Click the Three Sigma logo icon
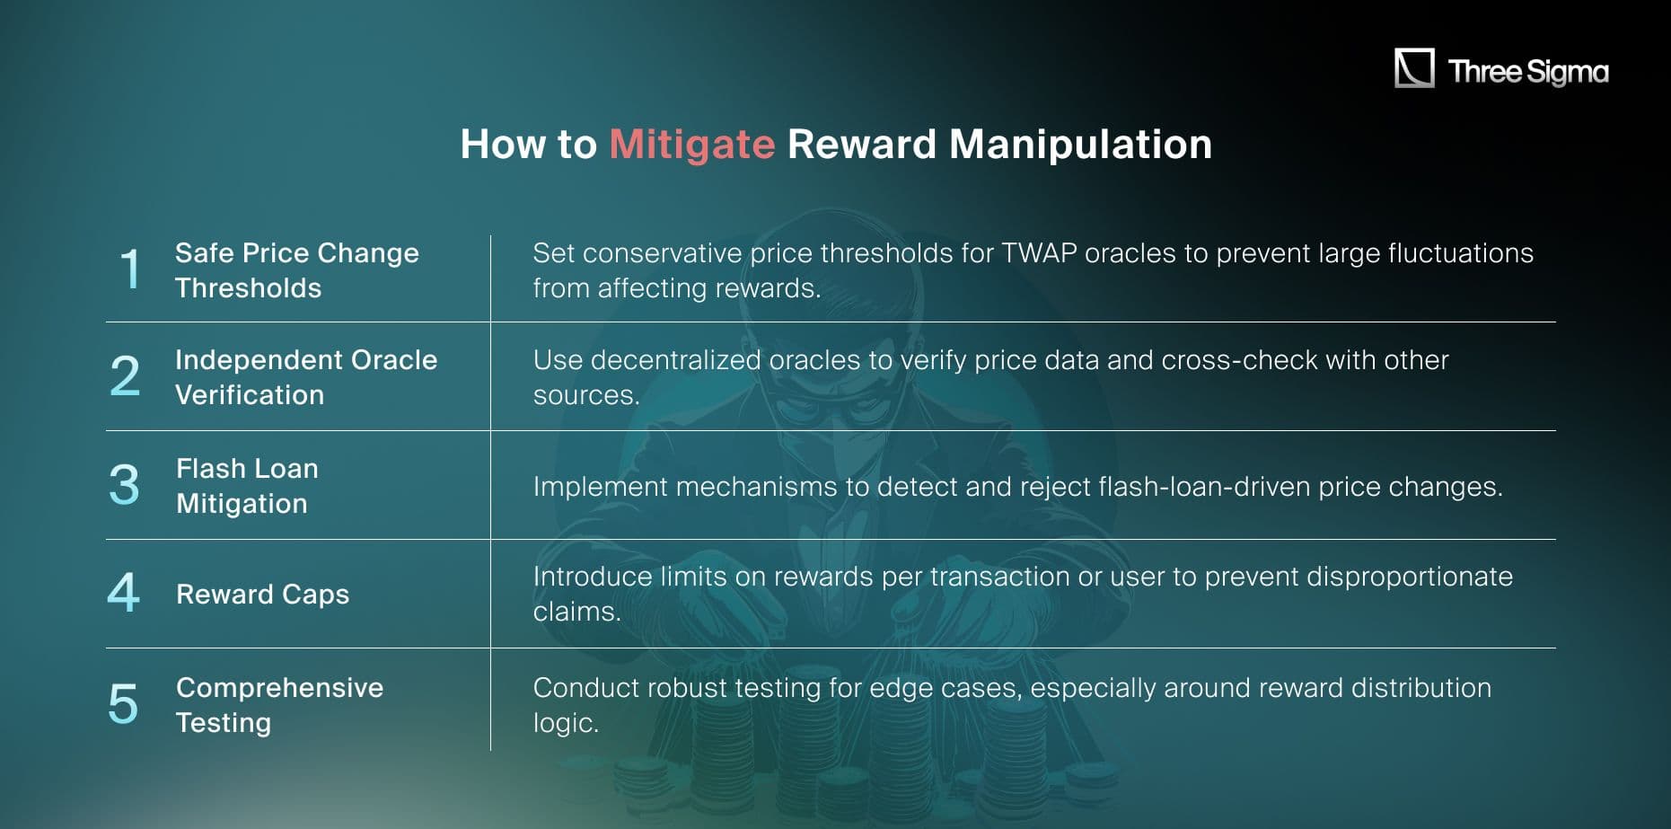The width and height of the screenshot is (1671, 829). coord(1414,68)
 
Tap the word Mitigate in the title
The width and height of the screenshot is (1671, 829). coord(691,145)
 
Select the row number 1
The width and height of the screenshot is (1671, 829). coord(130,269)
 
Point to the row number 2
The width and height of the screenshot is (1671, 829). coord(125,376)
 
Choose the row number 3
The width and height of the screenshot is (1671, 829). coord(124,485)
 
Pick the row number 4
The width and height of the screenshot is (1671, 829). coord(124,593)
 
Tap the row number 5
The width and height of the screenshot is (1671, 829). coord(123,703)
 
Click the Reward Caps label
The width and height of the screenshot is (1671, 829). coord(262,594)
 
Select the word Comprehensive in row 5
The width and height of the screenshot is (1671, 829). coord(279,687)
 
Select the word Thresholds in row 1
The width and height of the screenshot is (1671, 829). coord(248,288)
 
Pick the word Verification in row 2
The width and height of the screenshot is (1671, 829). coord(250,395)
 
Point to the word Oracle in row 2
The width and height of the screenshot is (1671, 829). coord(393,360)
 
